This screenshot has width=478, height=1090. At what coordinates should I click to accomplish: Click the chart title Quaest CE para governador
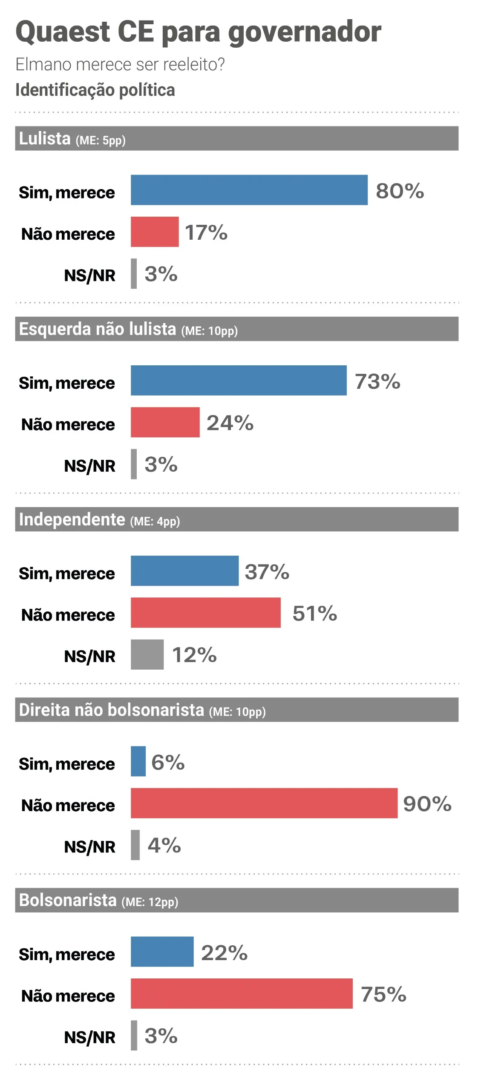point(198,32)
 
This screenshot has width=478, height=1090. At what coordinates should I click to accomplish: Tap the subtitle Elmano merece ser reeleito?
point(120,64)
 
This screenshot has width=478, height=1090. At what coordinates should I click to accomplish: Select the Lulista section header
point(237,138)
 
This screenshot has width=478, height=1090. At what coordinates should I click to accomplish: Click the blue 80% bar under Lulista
point(249,190)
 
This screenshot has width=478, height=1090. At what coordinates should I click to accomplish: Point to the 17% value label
point(206,232)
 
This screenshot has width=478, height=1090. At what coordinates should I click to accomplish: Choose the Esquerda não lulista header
point(237,329)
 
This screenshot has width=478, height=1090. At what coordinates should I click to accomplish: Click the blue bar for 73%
point(239,380)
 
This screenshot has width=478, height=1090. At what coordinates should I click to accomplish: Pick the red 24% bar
point(165,422)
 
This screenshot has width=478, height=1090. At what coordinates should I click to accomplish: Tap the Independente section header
point(237,519)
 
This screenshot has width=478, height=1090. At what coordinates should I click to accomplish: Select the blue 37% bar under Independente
point(185,571)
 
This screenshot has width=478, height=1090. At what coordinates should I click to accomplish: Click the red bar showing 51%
point(206,612)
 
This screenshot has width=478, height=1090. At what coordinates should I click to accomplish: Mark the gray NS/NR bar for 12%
point(147,654)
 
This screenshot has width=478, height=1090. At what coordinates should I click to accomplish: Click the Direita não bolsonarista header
point(237,709)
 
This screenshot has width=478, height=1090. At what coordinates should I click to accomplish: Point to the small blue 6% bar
point(138,761)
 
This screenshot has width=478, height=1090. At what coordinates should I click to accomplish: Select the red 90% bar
point(264,803)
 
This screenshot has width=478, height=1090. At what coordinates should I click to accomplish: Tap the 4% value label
point(164,845)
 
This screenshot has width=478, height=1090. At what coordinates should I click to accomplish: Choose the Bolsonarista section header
point(237,900)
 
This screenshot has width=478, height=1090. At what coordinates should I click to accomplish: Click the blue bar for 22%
point(162,952)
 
